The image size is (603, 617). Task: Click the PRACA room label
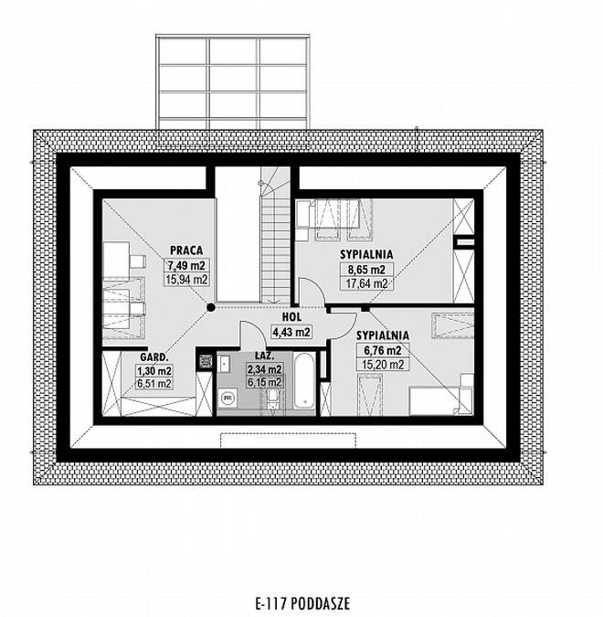point(186,250)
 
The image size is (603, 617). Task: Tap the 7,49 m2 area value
point(187,265)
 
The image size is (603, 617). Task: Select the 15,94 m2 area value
point(187,279)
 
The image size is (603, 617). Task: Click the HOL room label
point(291,317)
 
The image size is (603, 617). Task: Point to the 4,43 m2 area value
point(291,332)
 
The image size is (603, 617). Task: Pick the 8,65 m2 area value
point(366,270)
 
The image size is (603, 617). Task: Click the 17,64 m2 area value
point(366,283)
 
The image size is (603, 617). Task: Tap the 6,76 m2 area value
point(382,350)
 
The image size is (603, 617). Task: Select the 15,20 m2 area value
point(383,365)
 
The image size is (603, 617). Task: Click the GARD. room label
point(154,357)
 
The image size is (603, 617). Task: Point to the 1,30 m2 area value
point(154,371)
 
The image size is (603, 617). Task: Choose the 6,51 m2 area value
point(154,383)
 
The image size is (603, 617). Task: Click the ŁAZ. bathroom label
point(264,356)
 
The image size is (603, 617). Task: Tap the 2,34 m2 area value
point(264,369)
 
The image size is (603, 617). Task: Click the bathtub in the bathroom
point(305,381)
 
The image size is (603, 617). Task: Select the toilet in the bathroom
point(272,399)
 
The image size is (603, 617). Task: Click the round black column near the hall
point(211,307)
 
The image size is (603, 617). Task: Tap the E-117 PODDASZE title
point(302,603)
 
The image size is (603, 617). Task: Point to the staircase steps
point(276,247)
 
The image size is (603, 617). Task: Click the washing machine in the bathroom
point(227,398)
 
